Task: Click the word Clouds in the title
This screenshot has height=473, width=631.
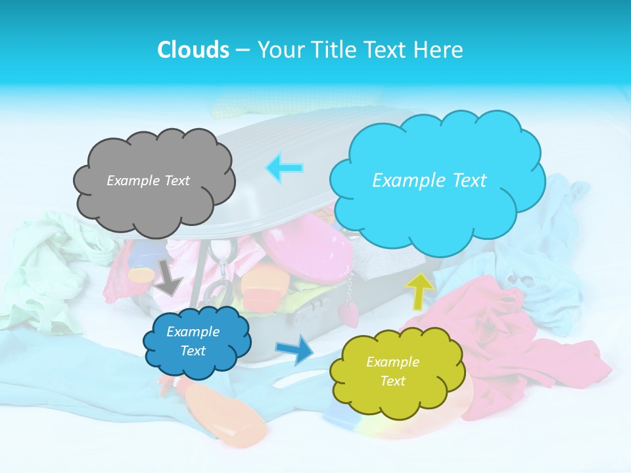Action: [193, 50]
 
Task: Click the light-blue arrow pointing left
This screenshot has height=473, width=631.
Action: [285, 168]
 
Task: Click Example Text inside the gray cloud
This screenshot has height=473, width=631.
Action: [148, 181]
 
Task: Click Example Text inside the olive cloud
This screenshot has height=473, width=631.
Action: [392, 371]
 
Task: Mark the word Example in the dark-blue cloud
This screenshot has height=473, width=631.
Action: [193, 332]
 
